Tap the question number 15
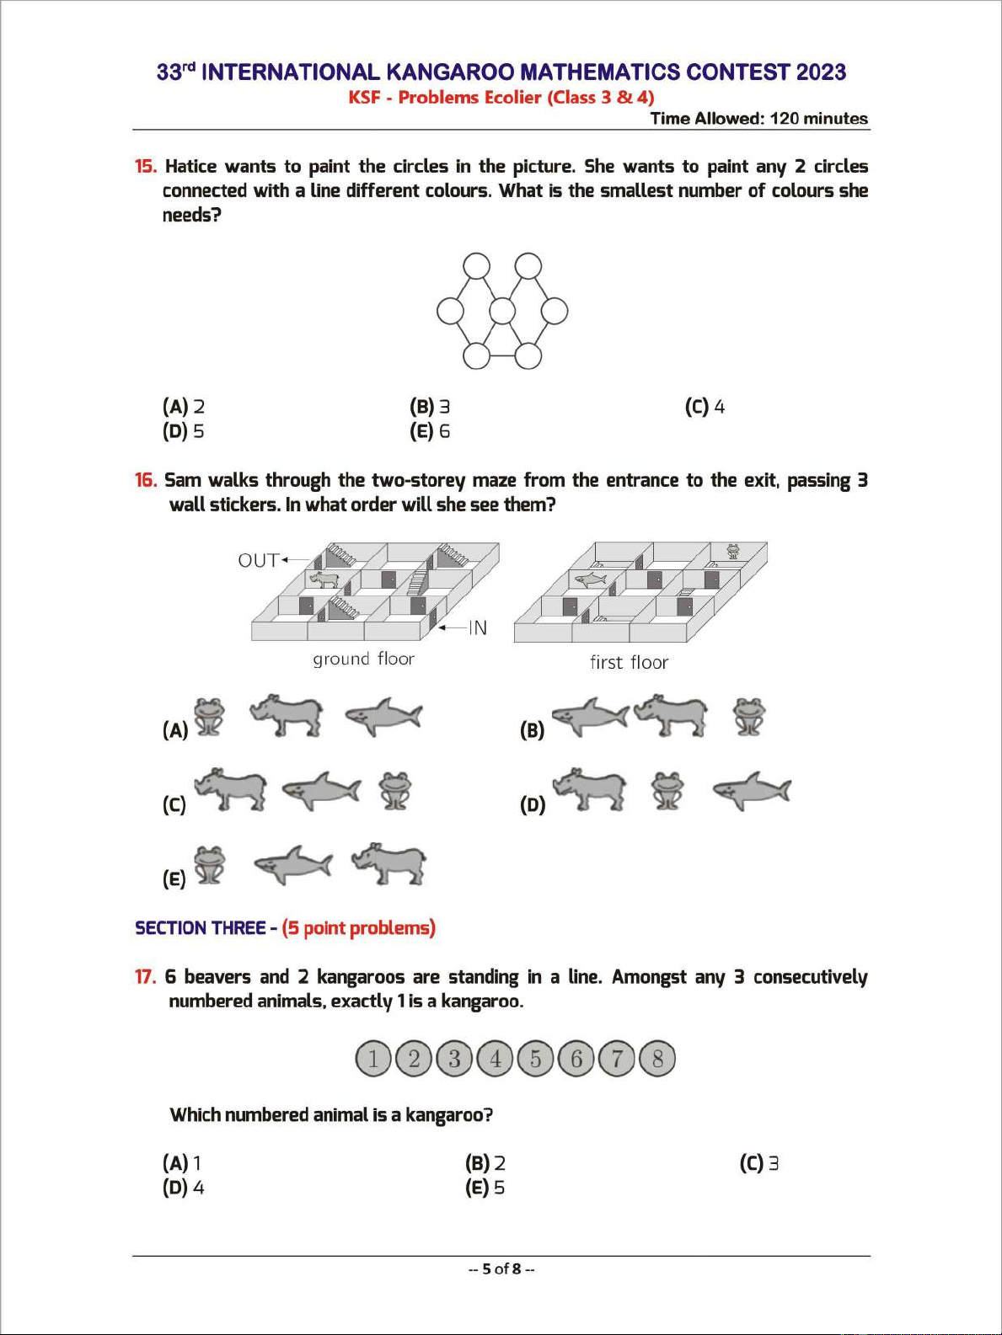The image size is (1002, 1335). [x=146, y=167]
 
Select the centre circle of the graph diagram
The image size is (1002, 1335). [x=502, y=312]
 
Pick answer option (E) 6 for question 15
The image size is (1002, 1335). [x=430, y=431]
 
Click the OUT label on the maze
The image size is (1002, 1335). [x=258, y=560]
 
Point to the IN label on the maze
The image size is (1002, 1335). [x=478, y=627]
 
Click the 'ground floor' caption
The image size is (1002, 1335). [x=363, y=659]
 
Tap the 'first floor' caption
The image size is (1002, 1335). [x=629, y=663]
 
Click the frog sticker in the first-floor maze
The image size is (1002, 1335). [x=733, y=552]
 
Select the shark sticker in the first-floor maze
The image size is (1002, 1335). [x=590, y=579]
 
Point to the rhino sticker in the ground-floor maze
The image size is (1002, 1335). [x=324, y=579]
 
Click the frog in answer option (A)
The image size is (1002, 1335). [x=210, y=717]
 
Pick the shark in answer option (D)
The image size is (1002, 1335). [x=752, y=791]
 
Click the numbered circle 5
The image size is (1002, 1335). [x=536, y=1059]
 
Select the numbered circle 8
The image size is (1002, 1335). [x=658, y=1059]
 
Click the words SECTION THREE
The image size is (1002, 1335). [x=201, y=928]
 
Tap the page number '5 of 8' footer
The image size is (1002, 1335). [x=501, y=1269]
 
